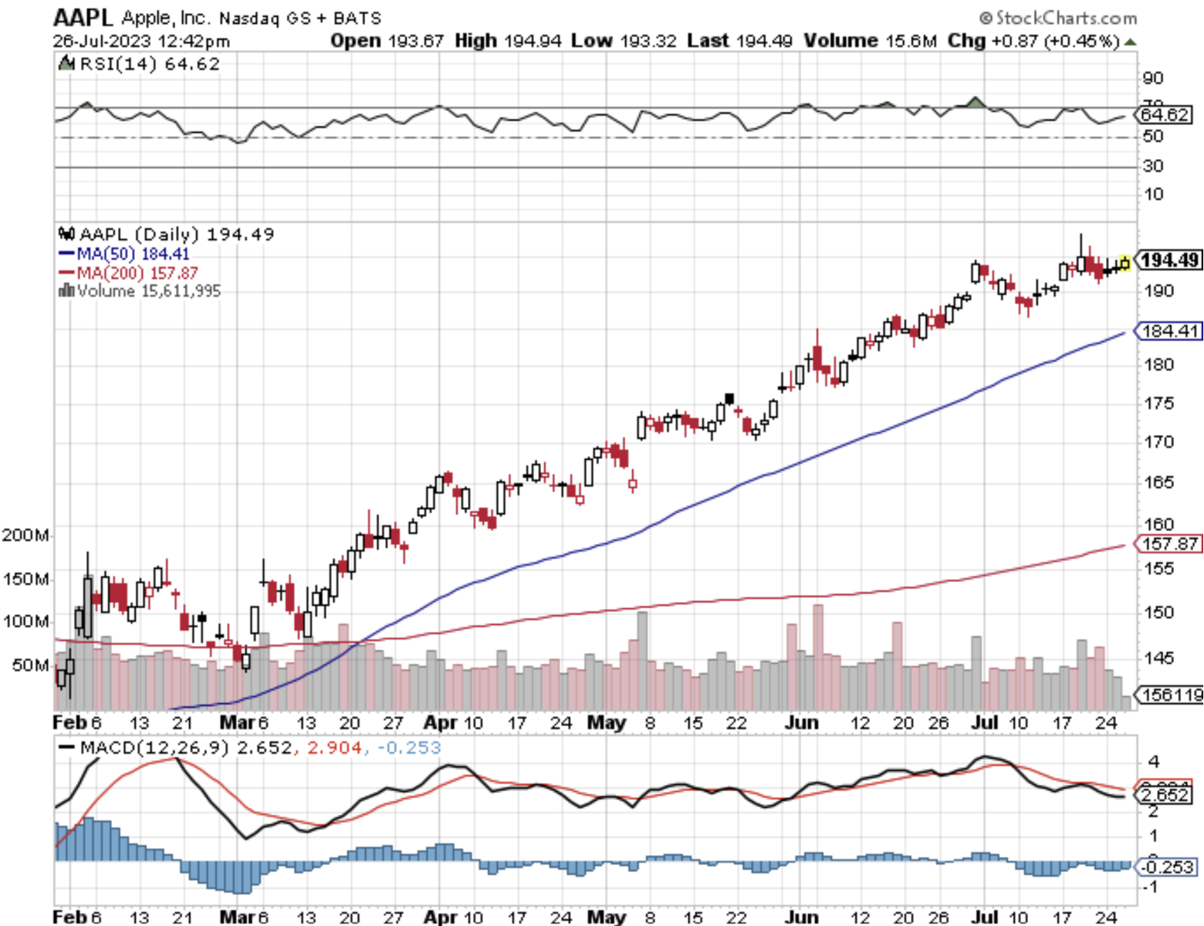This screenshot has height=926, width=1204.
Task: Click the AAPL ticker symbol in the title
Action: pyautogui.click(x=83, y=17)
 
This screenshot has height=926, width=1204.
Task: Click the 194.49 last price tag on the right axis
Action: pyautogui.click(x=1170, y=260)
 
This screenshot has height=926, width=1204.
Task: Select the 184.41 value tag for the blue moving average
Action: pyautogui.click(x=1170, y=331)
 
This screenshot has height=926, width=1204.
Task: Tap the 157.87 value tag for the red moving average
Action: pyautogui.click(x=1170, y=544)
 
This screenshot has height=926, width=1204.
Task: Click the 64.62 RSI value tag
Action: pyautogui.click(x=1165, y=115)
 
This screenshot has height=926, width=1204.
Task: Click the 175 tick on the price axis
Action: pyautogui.click(x=1158, y=404)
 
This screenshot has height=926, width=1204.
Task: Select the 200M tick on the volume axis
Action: pyautogui.click(x=25, y=535)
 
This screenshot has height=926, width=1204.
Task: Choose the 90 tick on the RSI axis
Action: pyautogui.click(x=1153, y=78)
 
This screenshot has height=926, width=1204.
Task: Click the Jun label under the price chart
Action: pyautogui.click(x=801, y=723)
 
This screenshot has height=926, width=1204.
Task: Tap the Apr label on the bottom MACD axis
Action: pyautogui.click(x=441, y=918)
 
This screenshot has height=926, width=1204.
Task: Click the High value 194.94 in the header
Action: pyautogui.click(x=533, y=41)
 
